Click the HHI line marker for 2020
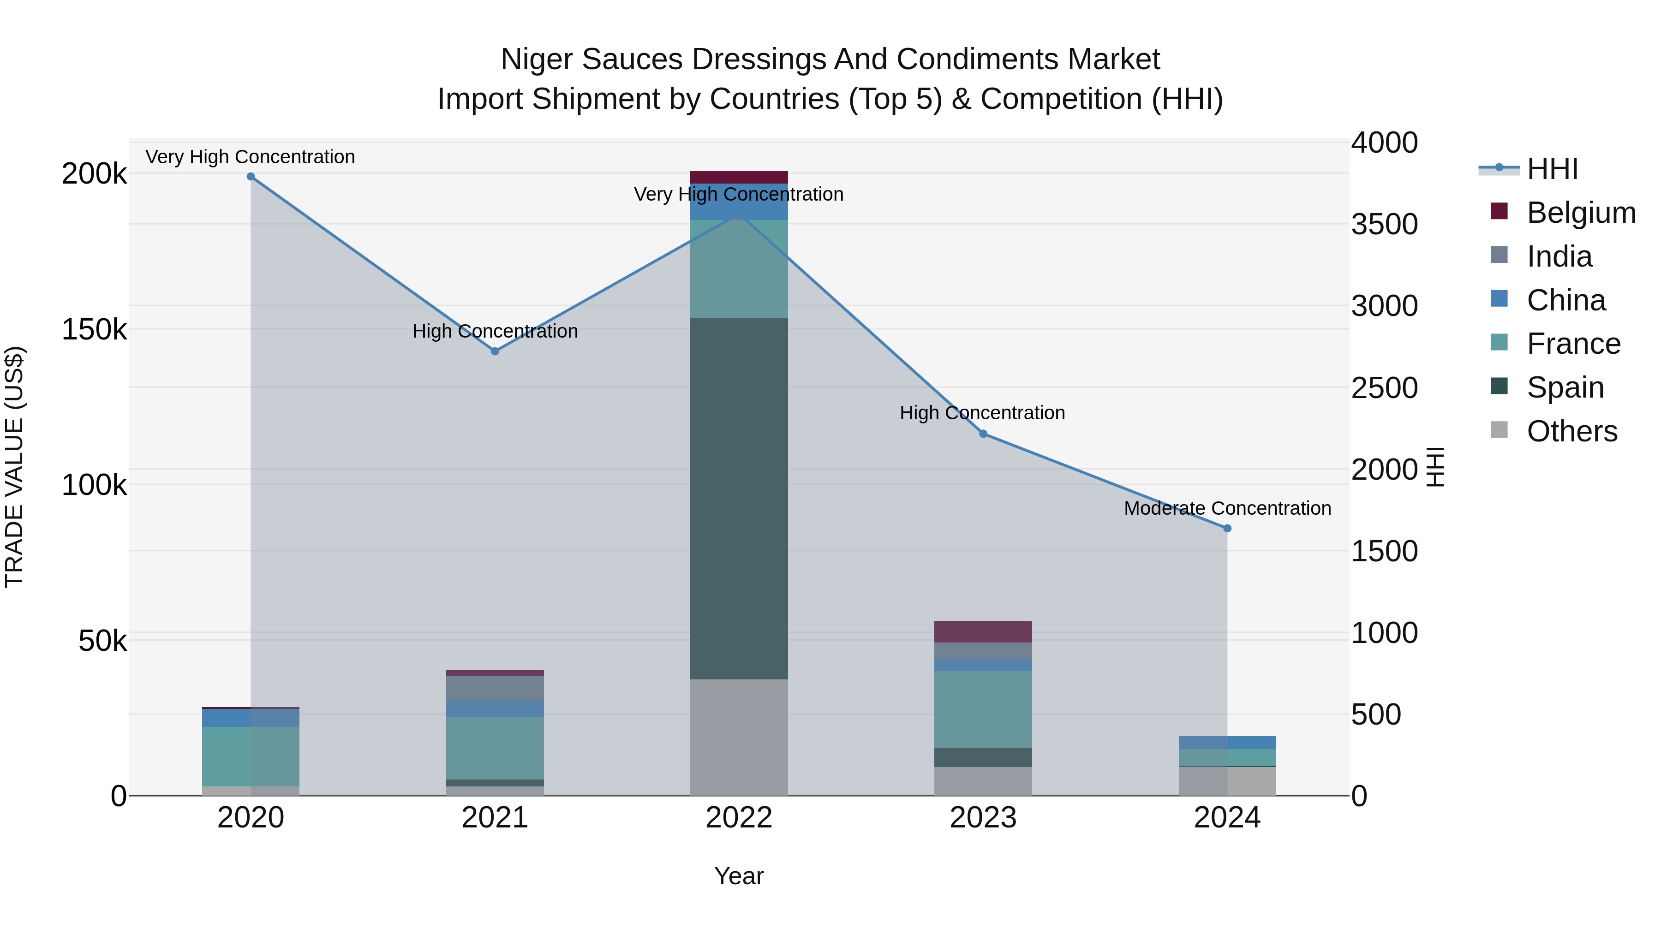[251, 177]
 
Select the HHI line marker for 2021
[495, 351]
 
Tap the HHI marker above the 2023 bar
[983, 434]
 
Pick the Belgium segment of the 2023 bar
[983, 632]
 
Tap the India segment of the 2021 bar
[495, 688]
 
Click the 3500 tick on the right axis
[1384, 224]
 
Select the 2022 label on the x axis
[739, 818]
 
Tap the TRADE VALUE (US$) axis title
[15, 467]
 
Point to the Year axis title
[739, 876]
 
